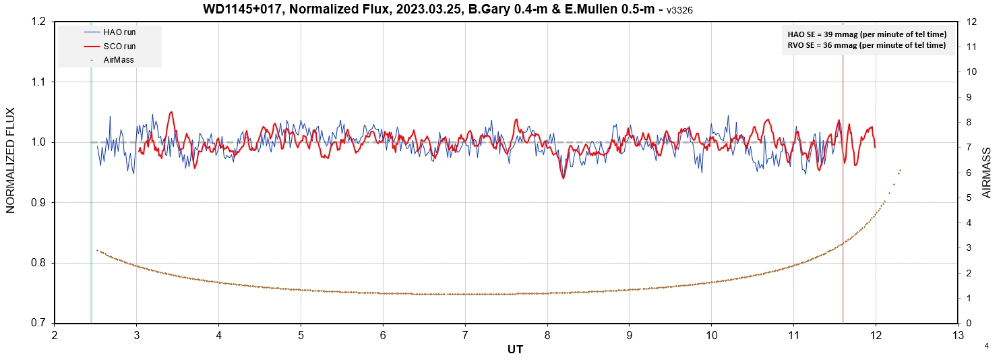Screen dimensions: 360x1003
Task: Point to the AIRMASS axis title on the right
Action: [986, 173]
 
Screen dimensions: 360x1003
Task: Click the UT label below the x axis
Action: [515, 349]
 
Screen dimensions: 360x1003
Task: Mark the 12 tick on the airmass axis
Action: [971, 22]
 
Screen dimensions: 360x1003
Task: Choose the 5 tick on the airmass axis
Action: [969, 198]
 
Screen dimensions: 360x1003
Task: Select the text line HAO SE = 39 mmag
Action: [867, 34]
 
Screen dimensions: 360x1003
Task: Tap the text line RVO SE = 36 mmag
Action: [867, 45]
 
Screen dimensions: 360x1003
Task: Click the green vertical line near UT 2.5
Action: [91, 202]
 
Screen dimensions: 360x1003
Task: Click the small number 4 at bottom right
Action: [986, 346]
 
